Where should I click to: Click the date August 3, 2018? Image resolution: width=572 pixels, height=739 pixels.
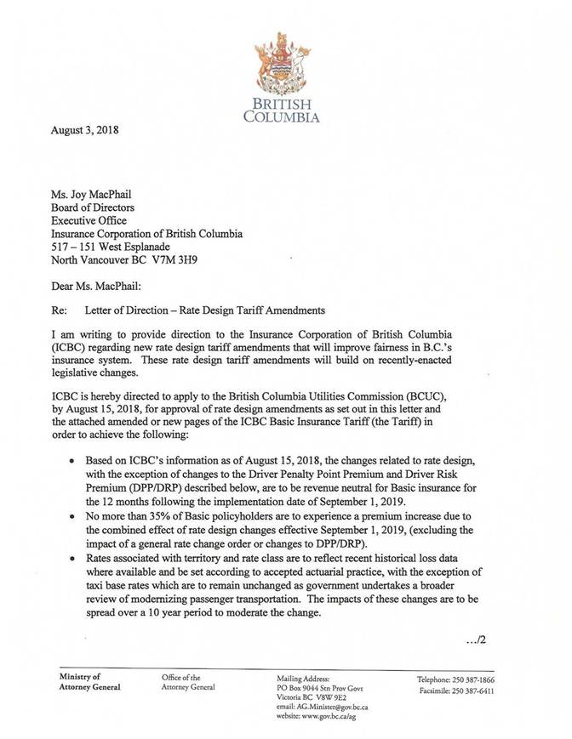click(85, 131)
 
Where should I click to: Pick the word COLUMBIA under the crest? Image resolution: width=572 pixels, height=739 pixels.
click(282, 117)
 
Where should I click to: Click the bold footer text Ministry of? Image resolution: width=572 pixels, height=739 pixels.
click(79, 677)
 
